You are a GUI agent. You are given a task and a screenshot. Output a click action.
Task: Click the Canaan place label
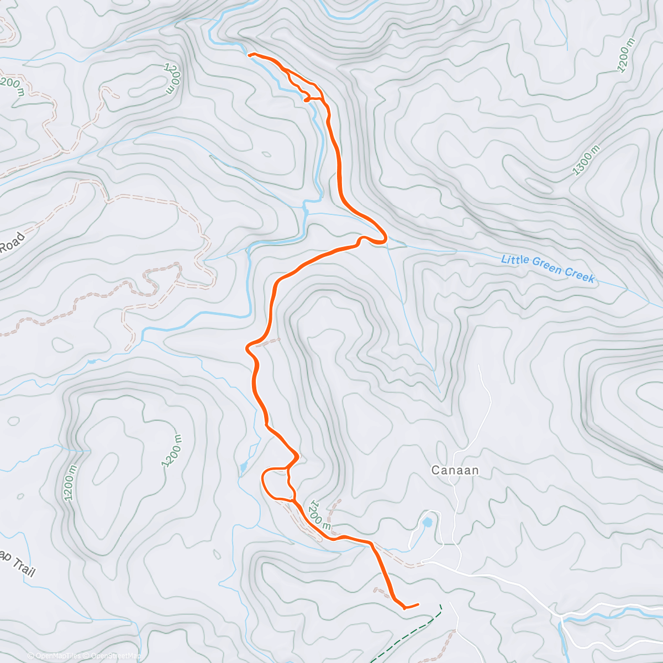(x=455, y=471)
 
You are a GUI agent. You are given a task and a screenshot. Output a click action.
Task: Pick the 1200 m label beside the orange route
(x=320, y=515)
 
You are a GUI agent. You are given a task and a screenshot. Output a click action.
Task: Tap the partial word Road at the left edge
(x=12, y=243)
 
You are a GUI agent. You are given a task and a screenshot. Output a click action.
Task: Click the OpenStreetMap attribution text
(x=114, y=656)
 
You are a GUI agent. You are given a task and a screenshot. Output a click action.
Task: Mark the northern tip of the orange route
(x=250, y=55)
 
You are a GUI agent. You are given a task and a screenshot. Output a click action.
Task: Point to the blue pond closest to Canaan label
(x=427, y=522)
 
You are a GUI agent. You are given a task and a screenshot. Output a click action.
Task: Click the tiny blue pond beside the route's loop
(x=243, y=469)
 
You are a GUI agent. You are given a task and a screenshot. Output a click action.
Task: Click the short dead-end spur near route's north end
(x=306, y=100)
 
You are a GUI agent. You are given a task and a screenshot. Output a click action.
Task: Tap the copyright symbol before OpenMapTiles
(x=31, y=656)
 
